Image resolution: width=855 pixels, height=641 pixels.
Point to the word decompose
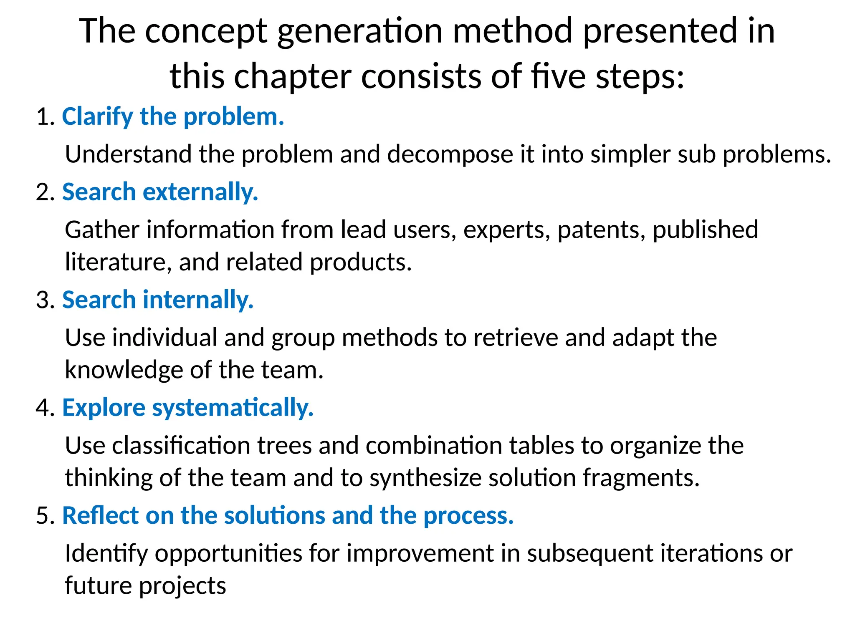(450, 154)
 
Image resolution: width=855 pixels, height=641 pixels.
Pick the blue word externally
(200, 192)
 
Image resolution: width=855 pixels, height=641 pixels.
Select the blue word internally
(198, 300)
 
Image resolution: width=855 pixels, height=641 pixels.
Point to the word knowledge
(124, 370)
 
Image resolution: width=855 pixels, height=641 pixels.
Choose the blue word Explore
(104, 408)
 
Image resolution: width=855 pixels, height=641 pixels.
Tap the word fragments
(641, 478)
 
